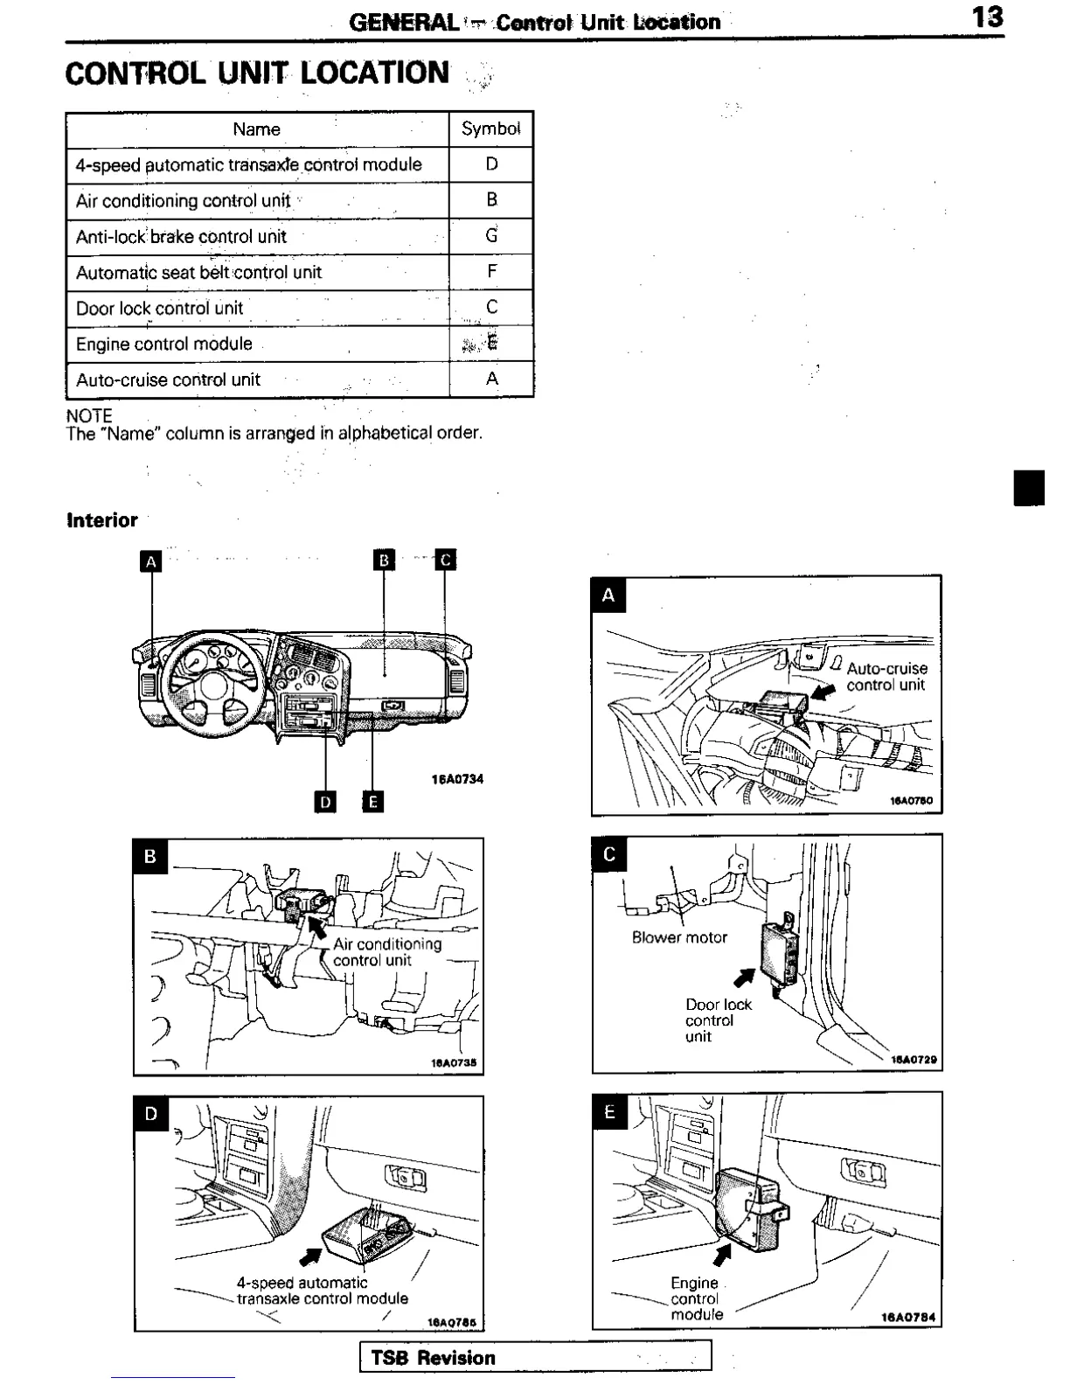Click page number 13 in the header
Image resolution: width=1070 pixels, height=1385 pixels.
coord(988,17)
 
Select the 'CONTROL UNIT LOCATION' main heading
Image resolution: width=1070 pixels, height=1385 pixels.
coord(258,73)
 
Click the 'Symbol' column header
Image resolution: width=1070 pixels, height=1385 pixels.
coord(491,129)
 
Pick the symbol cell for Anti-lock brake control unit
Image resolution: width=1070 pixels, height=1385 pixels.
coord(491,236)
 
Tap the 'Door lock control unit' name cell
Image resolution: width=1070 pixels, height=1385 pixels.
coord(160,308)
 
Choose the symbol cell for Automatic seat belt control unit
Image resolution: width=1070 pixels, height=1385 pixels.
coord(491,272)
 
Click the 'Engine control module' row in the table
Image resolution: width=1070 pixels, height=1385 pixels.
coord(164,344)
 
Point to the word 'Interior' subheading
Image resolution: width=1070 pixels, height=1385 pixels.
coord(102,520)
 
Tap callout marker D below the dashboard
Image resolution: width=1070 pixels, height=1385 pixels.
coord(325,801)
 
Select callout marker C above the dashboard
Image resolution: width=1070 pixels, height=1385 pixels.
coord(446,560)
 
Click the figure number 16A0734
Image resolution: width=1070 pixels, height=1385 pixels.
coord(457,779)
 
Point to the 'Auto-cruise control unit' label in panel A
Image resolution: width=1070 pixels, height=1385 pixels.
coord(886,676)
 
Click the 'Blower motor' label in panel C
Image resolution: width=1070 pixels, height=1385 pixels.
coord(679,937)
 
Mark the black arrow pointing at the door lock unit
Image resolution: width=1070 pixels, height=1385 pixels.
coord(743,976)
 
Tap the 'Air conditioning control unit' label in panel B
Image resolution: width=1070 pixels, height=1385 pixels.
coord(386,951)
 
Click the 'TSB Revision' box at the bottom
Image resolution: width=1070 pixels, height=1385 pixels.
coord(535,1357)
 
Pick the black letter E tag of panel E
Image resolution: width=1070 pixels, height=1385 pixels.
coord(610,1112)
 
